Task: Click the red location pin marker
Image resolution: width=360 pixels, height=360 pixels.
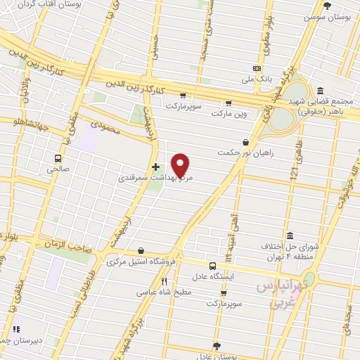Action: coord(181,165)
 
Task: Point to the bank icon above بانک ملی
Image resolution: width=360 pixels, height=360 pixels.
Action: coord(257,69)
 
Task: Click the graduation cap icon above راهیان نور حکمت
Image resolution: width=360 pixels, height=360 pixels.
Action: coord(245,142)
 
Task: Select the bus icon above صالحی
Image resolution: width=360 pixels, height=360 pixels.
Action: coord(58,158)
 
